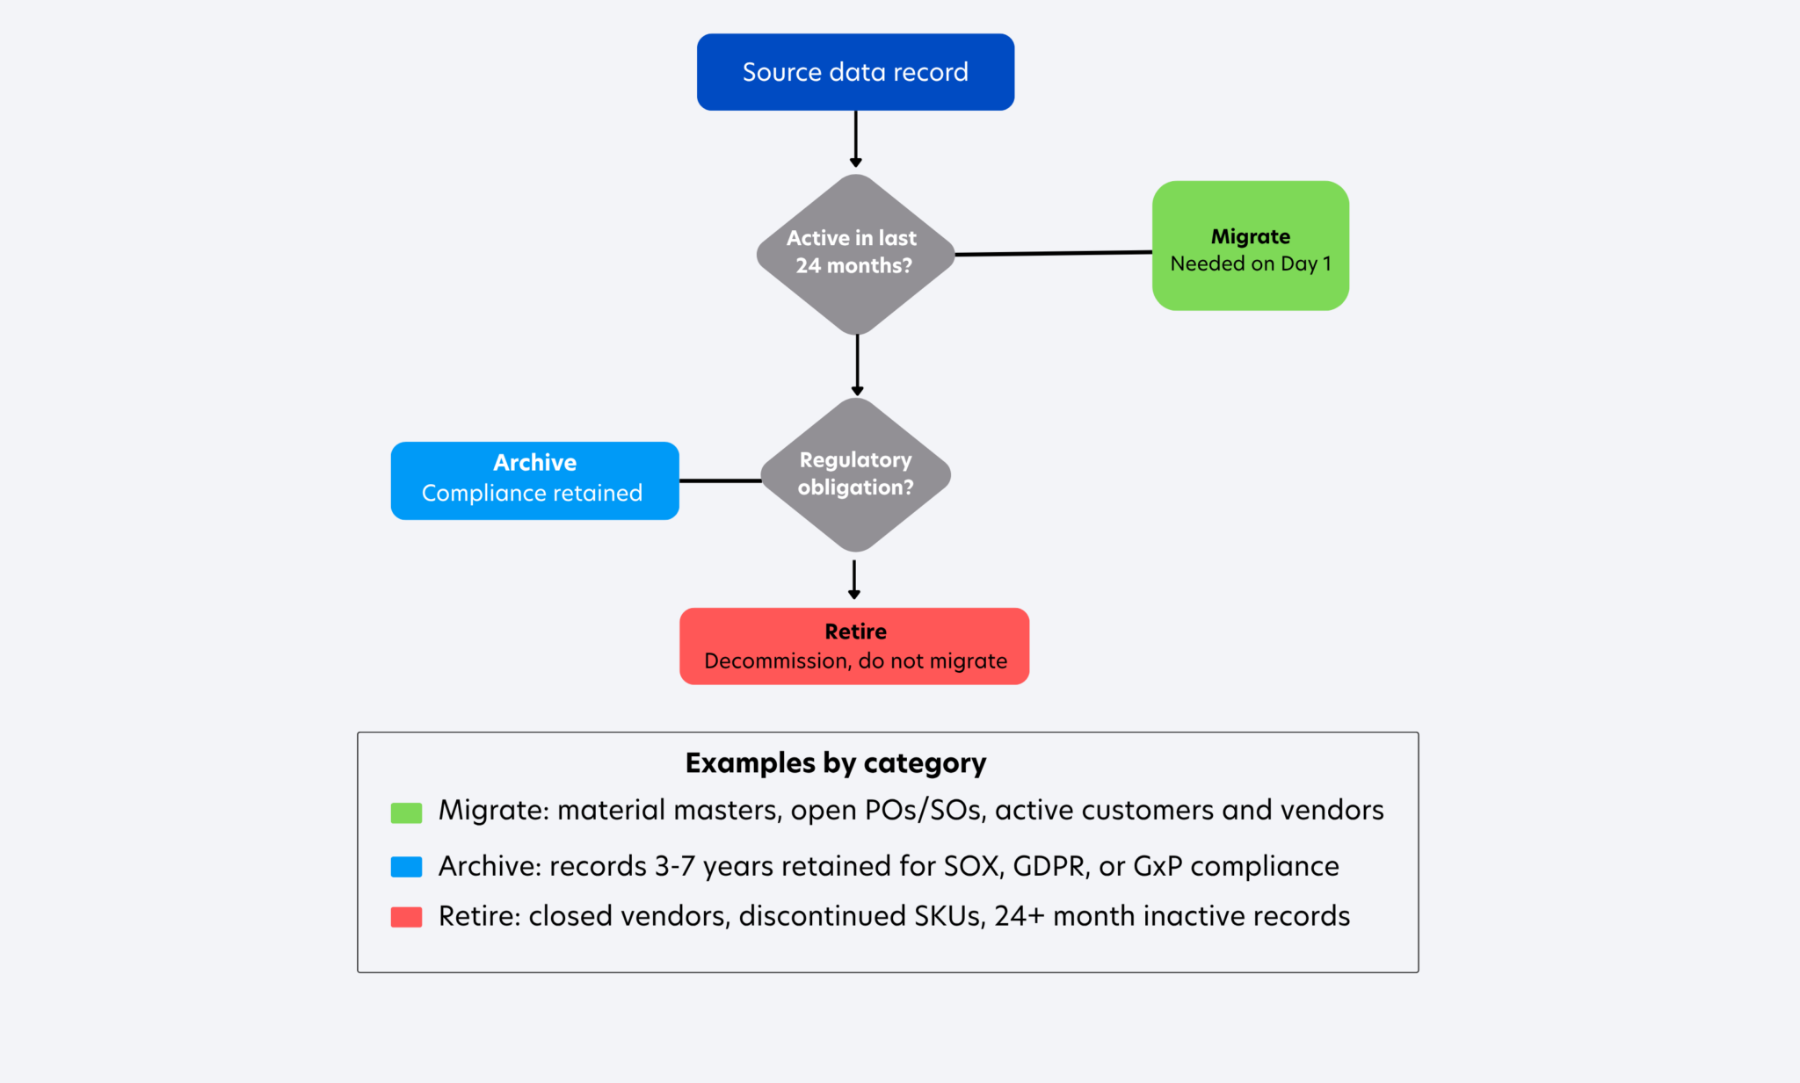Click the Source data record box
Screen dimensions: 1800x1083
855,72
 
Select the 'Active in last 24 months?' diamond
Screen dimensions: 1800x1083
855,255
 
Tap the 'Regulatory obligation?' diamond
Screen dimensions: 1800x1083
855,475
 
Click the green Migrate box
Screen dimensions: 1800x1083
1251,246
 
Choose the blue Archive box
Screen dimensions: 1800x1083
534,480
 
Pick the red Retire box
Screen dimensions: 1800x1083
854,646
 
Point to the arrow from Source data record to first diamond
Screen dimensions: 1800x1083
855,139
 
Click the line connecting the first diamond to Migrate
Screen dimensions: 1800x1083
1054,253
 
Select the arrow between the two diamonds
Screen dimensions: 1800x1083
857,365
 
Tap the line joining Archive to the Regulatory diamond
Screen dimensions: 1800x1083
721,480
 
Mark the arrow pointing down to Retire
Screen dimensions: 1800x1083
854,580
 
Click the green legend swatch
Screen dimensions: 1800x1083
406,812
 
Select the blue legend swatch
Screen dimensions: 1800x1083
406,867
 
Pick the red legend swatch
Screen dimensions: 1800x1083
406,917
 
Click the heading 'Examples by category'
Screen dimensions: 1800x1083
836,763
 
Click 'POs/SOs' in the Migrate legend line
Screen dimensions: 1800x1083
923,810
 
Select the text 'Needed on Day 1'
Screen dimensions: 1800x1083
1251,264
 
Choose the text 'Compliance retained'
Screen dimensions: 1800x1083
532,493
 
